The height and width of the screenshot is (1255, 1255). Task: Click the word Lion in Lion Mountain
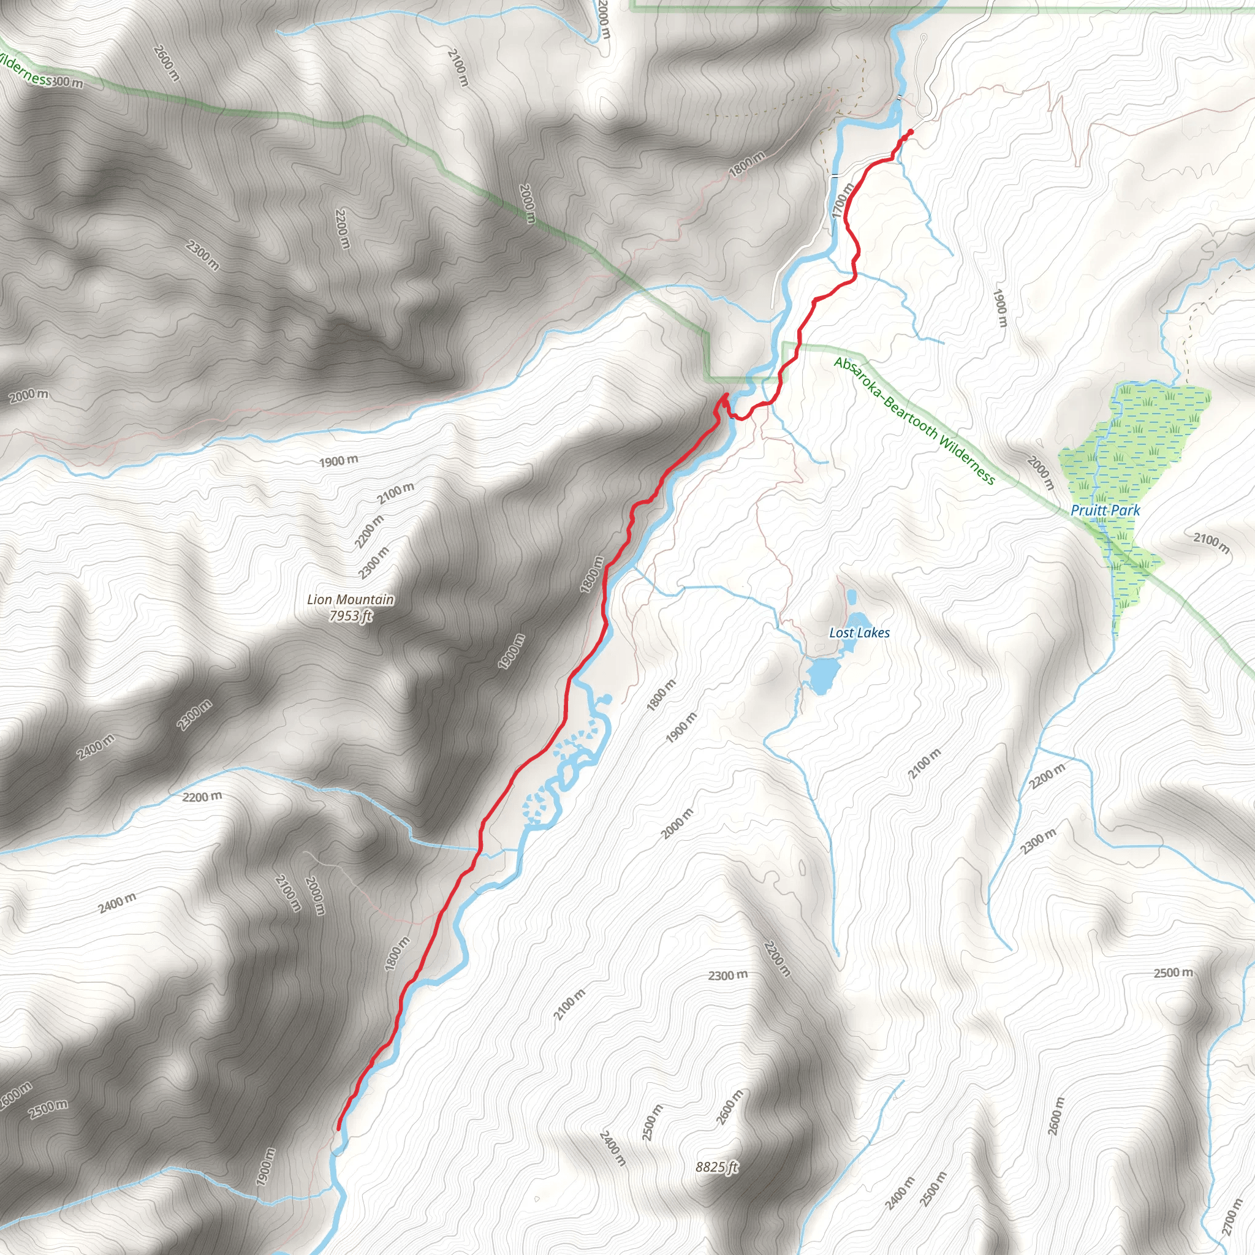pyautogui.click(x=319, y=599)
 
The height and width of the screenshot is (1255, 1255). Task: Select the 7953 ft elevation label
pyautogui.click(x=351, y=615)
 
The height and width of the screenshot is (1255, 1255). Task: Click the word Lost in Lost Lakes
pyautogui.click(x=841, y=632)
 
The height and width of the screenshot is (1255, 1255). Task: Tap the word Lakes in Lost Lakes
pyautogui.click(x=874, y=632)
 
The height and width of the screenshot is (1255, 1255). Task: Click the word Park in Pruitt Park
pyautogui.click(x=1126, y=510)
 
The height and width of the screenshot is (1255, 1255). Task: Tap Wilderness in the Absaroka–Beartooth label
pyautogui.click(x=968, y=460)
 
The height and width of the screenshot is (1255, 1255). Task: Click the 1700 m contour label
pyautogui.click(x=843, y=201)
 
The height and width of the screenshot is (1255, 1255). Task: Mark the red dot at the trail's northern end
pyautogui.click(x=909, y=132)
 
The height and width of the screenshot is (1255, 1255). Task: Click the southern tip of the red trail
pyautogui.click(x=338, y=1129)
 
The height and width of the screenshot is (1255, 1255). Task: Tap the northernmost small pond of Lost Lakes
pyautogui.click(x=851, y=595)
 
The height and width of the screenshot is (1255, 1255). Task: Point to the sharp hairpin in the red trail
pyautogui.click(x=725, y=396)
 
